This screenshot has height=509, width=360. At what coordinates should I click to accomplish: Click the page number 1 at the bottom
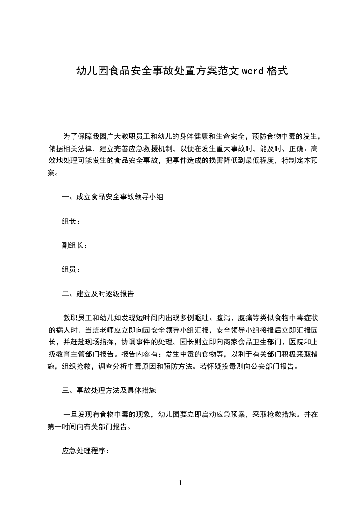coord(180,483)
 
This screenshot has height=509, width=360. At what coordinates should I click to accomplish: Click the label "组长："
coord(71,221)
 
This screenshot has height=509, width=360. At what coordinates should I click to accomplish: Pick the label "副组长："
coord(74,245)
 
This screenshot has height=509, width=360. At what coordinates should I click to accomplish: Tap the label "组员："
coord(71,269)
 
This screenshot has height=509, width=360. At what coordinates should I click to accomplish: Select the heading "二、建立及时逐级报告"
coord(98,294)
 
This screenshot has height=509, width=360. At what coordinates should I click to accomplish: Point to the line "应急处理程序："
coord(85,451)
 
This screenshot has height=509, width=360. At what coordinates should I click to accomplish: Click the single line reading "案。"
coord(53,173)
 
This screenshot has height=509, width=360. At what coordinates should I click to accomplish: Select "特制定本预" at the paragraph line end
coord(299,161)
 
